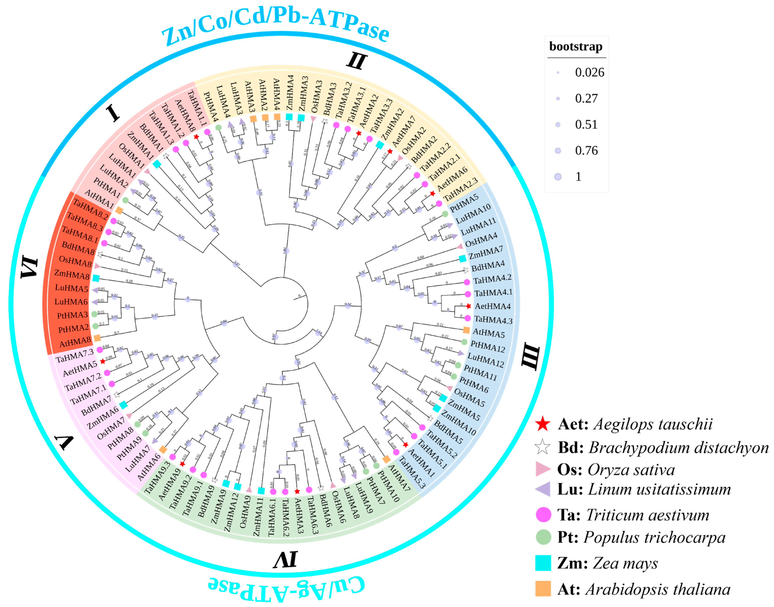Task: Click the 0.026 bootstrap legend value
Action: click(x=589, y=73)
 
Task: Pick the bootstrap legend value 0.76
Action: click(x=586, y=151)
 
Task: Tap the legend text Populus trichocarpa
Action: click(x=654, y=538)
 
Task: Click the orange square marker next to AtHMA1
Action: click(x=119, y=211)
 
